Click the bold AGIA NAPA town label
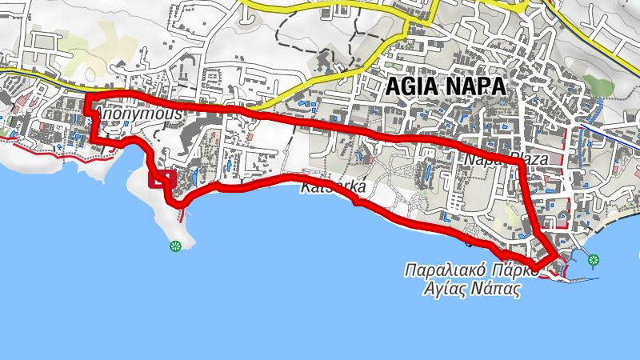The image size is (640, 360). coord(446,86)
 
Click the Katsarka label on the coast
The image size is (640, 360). coord(334,189)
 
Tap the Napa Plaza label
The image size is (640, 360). coord(505,160)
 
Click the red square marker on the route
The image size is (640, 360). coord(163,179)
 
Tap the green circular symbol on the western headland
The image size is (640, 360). coord(175,246)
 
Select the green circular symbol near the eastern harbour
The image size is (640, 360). coord(593,259)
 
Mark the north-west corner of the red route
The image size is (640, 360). coord(86,98)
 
